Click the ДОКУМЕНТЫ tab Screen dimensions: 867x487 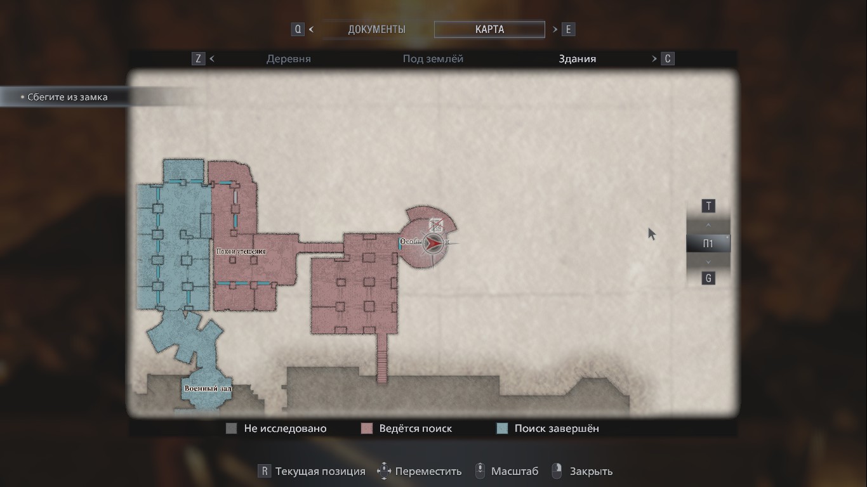[376, 29]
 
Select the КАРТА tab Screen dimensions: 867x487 [489, 29]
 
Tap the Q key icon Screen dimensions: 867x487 [298, 29]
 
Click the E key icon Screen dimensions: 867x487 [568, 29]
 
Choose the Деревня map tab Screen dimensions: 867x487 [289, 59]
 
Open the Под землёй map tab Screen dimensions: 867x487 [433, 59]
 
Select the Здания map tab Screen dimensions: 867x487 [577, 59]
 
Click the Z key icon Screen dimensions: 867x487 [199, 59]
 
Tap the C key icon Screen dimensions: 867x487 [667, 59]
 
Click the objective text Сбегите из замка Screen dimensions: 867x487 [67, 97]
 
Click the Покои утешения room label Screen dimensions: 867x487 [241, 251]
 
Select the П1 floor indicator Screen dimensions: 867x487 [708, 243]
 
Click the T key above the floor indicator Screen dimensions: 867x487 [708, 206]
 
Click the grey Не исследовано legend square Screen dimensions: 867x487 [232, 429]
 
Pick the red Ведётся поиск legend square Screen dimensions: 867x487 [366, 429]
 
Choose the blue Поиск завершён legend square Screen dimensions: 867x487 [502, 429]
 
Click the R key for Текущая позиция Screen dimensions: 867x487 [264, 471]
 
